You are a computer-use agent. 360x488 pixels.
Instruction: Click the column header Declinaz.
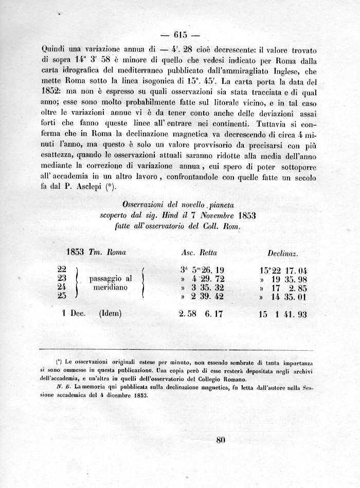coord(283,253)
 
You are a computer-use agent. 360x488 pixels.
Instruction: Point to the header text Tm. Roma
coord(107,252)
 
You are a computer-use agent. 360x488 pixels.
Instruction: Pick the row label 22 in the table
coord(62,269)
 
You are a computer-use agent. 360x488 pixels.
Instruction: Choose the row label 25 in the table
coord(62,296)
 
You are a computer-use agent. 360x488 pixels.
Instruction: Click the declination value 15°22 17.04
coord(284,270)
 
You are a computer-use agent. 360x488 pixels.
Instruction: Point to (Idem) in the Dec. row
coord(110,313)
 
